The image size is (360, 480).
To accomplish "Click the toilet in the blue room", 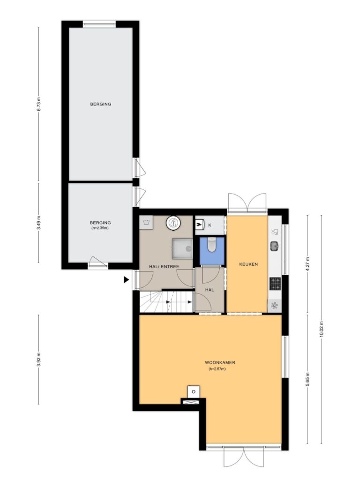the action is pyautogui.click(x=211, y=245).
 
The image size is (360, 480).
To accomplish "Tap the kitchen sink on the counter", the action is pyautogui.click(x=274, y=246).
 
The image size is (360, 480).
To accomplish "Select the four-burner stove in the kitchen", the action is pyautogui.click(x=275, y=284).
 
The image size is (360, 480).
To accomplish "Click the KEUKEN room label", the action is pyautogui.click(x=248, y=264).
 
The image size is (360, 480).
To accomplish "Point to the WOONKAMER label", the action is pyautogui.click(x=220, y=362).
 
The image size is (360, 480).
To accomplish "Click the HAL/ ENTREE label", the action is pyautogui.click(x=164, y=267).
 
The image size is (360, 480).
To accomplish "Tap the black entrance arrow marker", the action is pyautogui.click(x=126, y=280).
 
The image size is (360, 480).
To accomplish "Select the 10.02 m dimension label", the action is pyautogui.click(x=321, y=329).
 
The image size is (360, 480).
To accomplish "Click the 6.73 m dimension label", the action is pyautogui.click(x=38, y=105).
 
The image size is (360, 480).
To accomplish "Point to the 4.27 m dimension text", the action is pyautogui.click(x=307, y=262).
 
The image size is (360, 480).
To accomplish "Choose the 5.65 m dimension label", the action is pyautogui.click(x=307, y=379).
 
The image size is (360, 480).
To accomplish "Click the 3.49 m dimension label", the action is pyautogui.click(x=38, y=223).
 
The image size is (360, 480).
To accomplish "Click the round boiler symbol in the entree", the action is pyautogui.click(x=173, y=223).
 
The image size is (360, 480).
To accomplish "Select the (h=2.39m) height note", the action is pyautogui.click(x=100, y=228).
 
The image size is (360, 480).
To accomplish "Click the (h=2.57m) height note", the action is pyautogui.click(x=217, y=369).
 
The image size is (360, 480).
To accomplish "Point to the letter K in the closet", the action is pyautogui.click(x=210, y=225).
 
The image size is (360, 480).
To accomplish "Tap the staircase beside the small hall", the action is pyautogui.click(x=166, y=302).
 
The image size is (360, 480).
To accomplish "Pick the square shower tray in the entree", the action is pyautogui.click(x=182, y=249).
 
